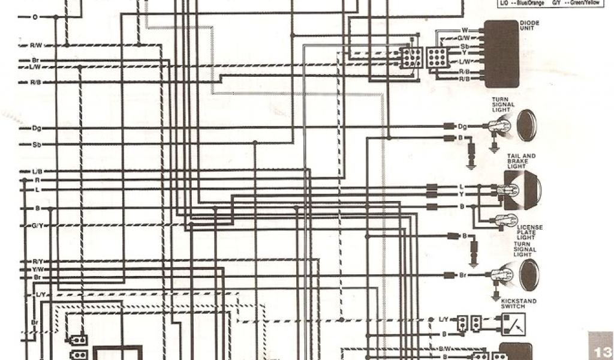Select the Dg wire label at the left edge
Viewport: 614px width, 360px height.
[x=37, y=128]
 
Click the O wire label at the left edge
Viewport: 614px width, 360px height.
[x=35, y=17]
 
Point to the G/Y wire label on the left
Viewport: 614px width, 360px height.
[x=37, y=225]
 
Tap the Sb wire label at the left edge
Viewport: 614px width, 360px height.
[x=37, y=145]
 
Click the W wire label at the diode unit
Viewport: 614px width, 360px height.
[x=465, y=30]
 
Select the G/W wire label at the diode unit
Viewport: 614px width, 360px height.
[x=463, y=38]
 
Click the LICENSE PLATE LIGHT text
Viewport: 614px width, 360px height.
[x=531, y=232]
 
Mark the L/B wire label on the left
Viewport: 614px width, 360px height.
[x=37, y=172]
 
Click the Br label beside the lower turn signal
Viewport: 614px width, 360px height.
[x=463, y=275]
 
